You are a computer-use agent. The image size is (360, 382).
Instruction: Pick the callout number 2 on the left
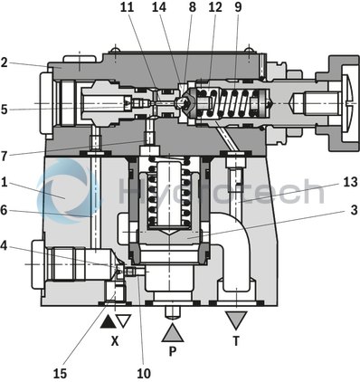coord(5,62)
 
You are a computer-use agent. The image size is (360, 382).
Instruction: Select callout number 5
coord(5,110)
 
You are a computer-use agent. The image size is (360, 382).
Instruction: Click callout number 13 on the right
coord(351,181)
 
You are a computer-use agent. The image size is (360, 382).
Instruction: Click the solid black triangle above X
coord(108,320)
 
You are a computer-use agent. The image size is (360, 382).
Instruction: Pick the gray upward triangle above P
coord(173,329)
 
